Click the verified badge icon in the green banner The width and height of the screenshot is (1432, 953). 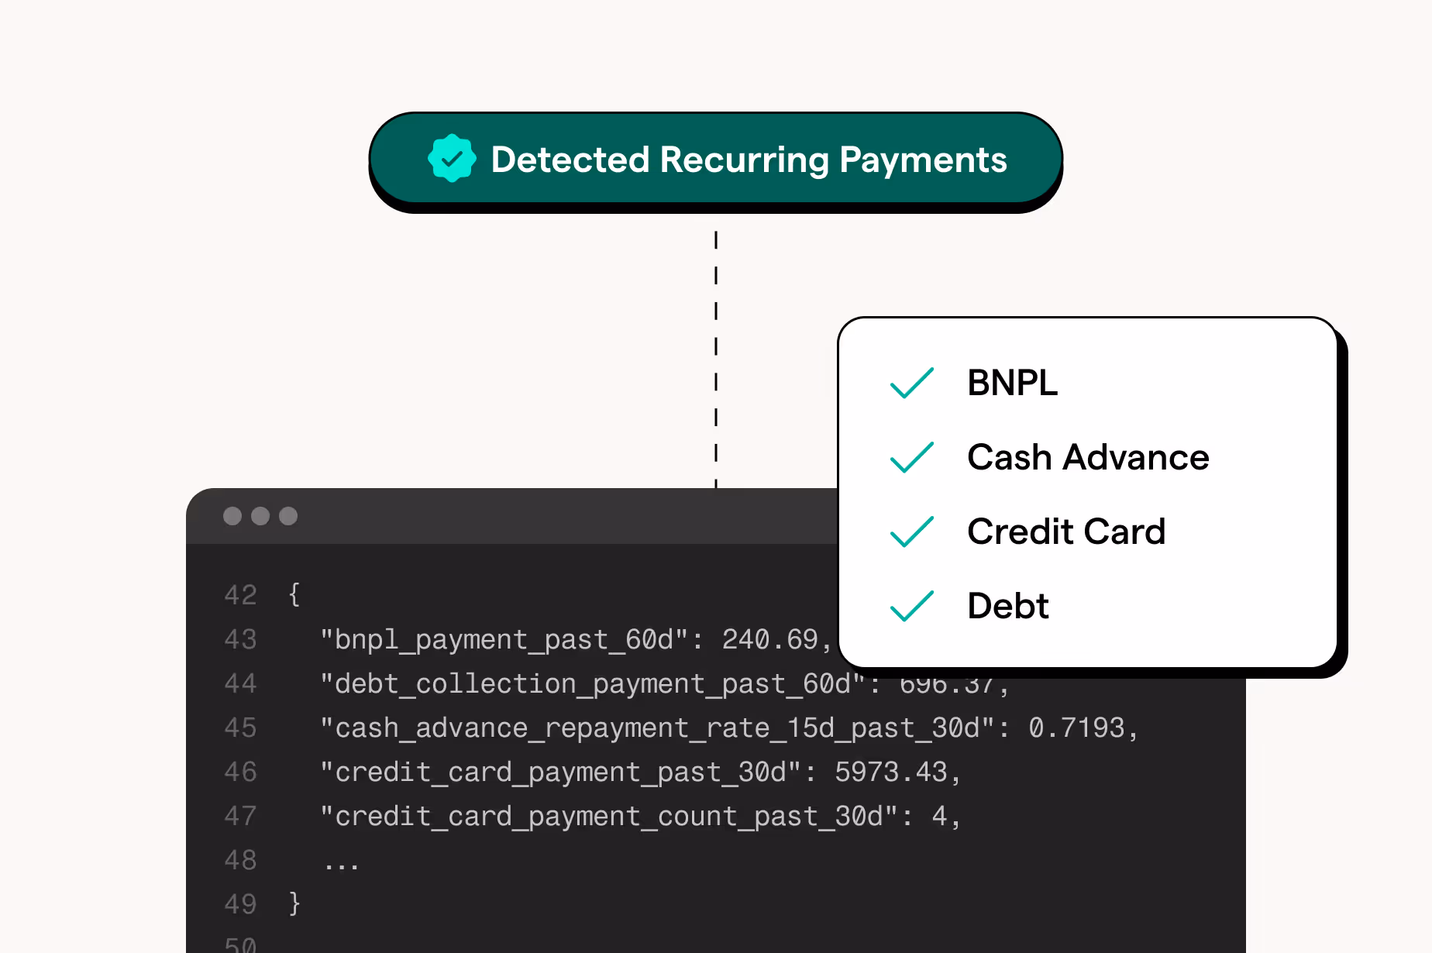tap(452, 159)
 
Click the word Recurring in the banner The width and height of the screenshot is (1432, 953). tap(745, 160)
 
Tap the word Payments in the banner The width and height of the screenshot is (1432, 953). tap(923, 160)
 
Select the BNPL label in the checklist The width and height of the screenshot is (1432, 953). tap(1012, 383)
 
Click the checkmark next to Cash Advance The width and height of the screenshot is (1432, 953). tap(912, 457)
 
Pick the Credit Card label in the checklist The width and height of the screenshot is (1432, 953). tap(1066, 532)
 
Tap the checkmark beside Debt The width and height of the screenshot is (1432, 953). tap(912, 606)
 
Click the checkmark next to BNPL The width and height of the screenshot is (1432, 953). tap(912, 383)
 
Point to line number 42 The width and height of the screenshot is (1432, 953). tap(240, 595)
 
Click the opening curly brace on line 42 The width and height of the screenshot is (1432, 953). tap(294, 595)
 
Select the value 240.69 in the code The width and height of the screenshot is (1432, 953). tap(769, 639)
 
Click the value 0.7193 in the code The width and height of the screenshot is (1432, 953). tap(1076, 728)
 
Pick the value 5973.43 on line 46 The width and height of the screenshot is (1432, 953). tap(890, 772)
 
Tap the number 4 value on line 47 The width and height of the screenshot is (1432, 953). tap(939, 816)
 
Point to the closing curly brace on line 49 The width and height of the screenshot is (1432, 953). tap(294, 903)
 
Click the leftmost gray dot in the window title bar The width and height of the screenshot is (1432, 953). tap(232, 516)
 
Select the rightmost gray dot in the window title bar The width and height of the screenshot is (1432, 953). tap(288, 516)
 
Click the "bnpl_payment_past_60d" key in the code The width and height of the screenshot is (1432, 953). tap(504, 639)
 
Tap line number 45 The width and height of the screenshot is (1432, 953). tap(240, 728)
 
